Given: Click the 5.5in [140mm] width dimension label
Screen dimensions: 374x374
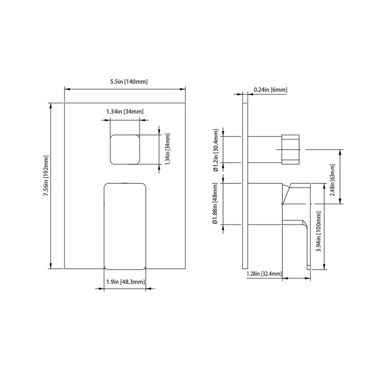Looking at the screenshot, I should coord(125,82).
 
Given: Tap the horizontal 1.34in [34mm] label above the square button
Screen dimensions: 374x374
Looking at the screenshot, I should coord(125,112).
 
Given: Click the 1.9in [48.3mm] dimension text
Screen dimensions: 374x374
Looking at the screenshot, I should coord(125,282).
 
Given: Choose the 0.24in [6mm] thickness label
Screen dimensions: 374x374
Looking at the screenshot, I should coord(270,89).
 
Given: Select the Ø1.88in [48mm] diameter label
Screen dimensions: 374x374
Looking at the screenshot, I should coord(216,204).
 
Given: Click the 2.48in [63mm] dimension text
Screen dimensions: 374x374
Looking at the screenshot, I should coord(332,177).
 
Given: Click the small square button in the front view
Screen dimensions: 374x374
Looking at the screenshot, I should coord(125,150).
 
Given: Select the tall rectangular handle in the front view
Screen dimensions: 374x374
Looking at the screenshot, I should coord(125,226).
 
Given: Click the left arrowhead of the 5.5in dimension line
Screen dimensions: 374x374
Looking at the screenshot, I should coord(66,88).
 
